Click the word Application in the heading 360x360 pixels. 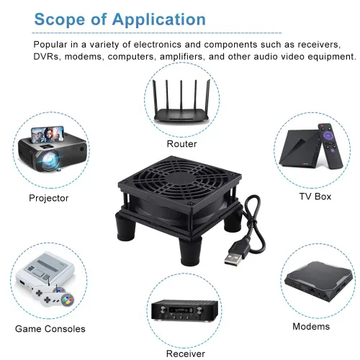tap(159, 19)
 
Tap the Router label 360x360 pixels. tap(181, 144)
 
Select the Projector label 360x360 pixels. tap(49, 198)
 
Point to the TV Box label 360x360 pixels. tap(315, 197)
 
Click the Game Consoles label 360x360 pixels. tap(50, 329)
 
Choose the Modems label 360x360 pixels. tap(311, 326)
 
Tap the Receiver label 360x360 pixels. tap(186, 354)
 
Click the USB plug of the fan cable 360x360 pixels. tap(234, 256)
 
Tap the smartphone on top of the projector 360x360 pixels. tap(48, 135)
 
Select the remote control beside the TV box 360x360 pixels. tap(330, 146)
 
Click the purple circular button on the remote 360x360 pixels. tap(327, 136)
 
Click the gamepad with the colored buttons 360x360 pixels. tap(58, 299)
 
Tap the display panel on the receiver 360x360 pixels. tap(181, 310)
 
